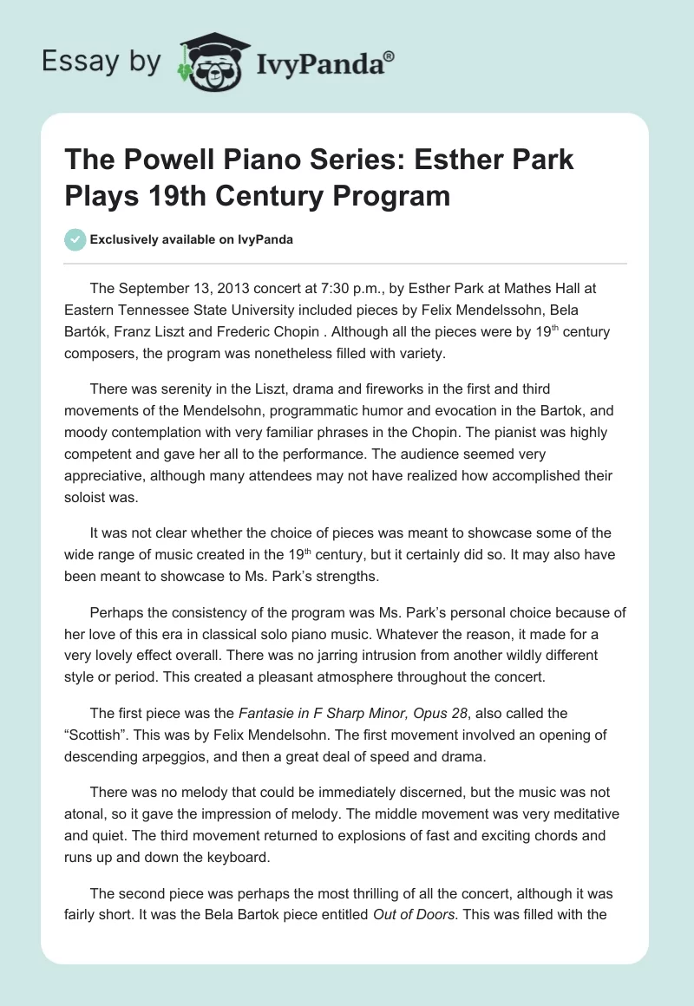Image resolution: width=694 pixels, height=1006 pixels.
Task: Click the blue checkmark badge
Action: tap(75, 239)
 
